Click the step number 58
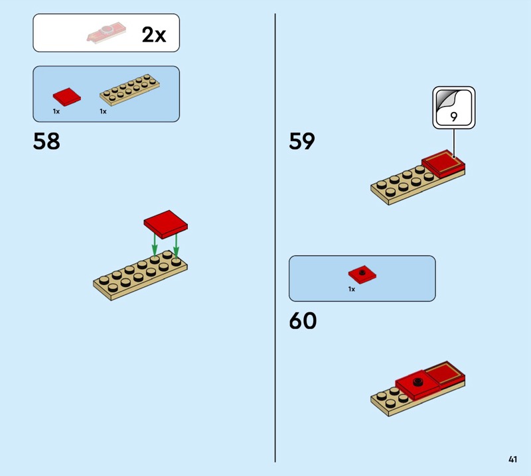pyautogui.click(x=46, y=141)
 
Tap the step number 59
pyautogui.click(x=302, y=141)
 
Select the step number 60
pyautogui.click(x=303, y=321)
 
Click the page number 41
pyautogui.click(x=512, y=459)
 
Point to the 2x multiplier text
pyautogui.click(x=154, y=34)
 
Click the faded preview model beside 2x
pyautogui.click(x=106, y=33)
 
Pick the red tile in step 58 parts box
pyautogui.click(x=66, y=95)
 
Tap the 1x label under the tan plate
pyautogui.click(x=103, y=112)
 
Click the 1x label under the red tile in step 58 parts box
pyautogui.click(x=56, y=112)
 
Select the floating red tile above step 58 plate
pyautogui.click(x=165, y=223)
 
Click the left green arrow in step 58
pyautogui.click(x=155, y=244)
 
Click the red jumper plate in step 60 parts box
pyautogui.click(x=362, y=273)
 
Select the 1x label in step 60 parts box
pyautogui.click(x=352, y=289)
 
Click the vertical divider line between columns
pyautogui.click(x=275, y=239)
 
